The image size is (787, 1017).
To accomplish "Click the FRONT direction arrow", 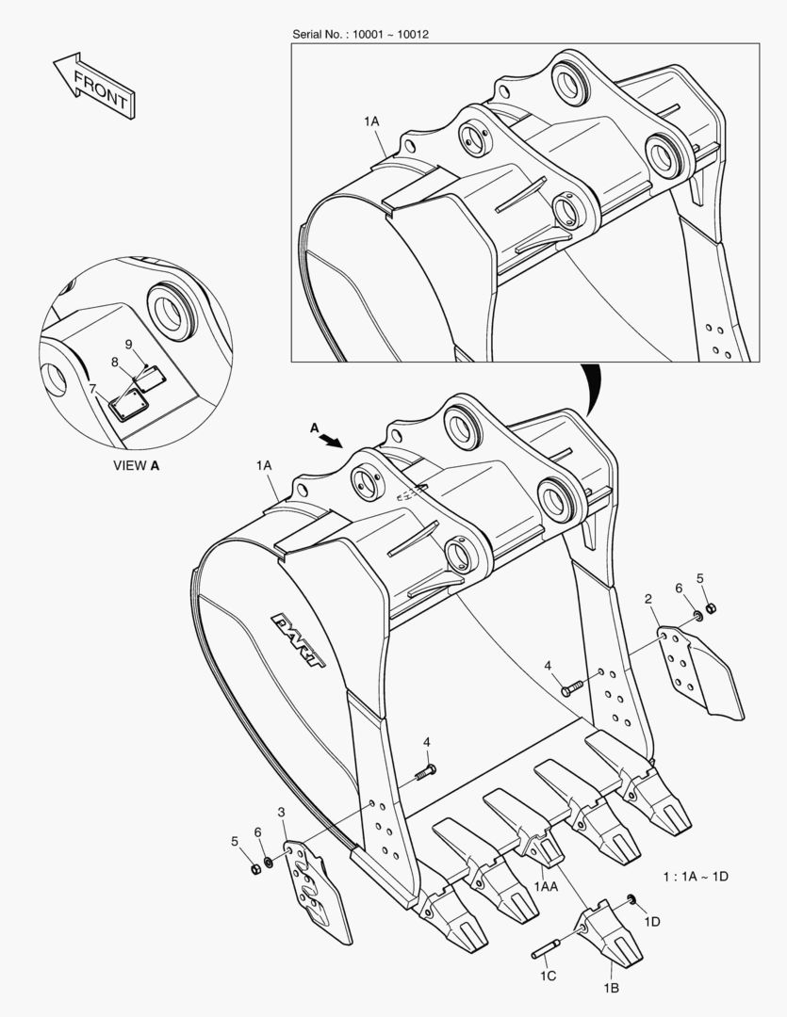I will (92, 86).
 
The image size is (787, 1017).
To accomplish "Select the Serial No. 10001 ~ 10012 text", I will (362, 35).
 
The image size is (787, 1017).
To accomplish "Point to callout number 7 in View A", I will (92, 388).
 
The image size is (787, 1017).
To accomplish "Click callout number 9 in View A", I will (129, 344).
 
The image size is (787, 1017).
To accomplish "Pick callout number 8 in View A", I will (115, 361).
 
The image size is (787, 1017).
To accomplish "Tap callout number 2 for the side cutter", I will (648, 598).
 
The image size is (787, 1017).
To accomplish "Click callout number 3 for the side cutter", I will (281, 812).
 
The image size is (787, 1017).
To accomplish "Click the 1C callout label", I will (548, 976).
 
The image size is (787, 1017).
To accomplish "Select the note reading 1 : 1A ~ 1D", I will (696, 877).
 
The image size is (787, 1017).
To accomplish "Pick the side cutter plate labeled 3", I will (317, 891).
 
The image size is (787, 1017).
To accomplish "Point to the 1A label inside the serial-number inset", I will (370, 121).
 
